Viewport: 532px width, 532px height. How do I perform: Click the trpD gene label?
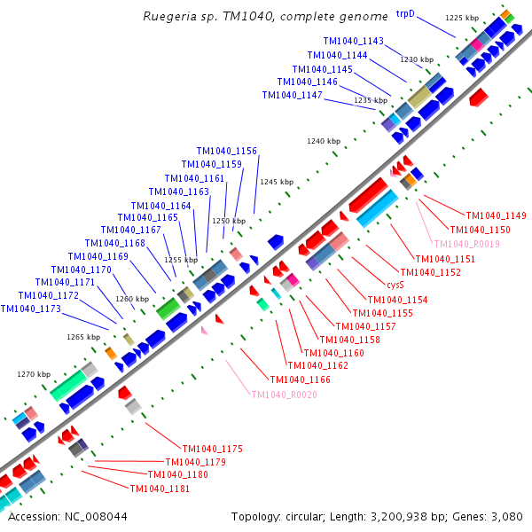[405, 13]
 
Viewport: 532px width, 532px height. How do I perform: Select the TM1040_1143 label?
[353, 41]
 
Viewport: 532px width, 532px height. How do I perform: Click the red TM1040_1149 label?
[497, 215]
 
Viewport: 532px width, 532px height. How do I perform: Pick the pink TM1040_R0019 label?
[466, 244]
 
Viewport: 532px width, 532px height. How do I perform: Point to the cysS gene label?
[395, 286]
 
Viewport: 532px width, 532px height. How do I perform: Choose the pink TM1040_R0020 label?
[284, 395]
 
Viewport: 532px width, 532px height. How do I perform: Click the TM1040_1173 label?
[31, 309]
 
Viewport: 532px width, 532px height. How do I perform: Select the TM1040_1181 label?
[160, 489]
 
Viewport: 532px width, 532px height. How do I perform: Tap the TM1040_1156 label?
[226, 151]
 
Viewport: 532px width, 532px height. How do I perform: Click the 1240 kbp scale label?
[324, 141]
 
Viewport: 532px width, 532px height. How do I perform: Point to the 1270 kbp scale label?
[34, 374]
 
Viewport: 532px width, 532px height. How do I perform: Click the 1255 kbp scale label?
[181, 260]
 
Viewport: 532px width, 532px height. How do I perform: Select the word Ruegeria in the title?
[168, 16]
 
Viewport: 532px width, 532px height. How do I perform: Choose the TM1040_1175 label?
[212, 449]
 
